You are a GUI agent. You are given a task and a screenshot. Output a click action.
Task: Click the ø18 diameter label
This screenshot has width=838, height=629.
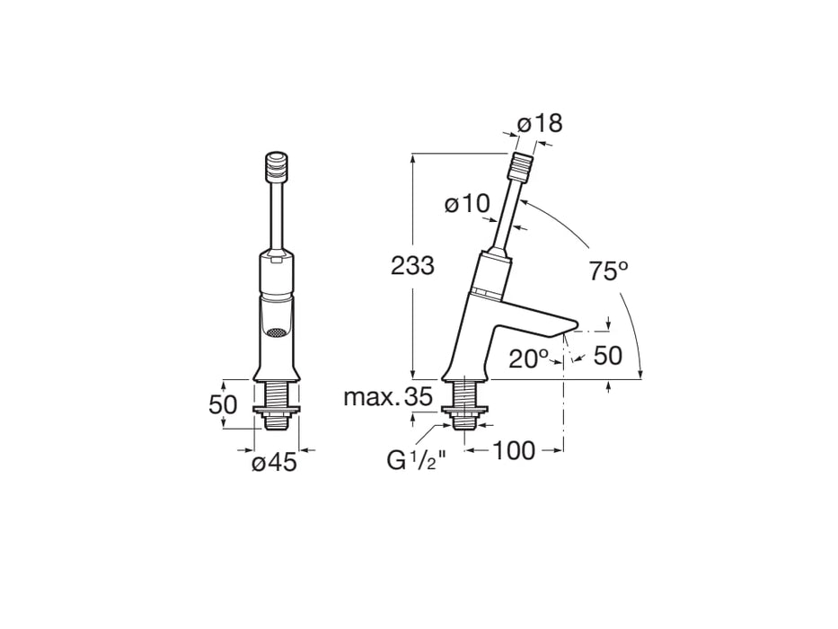(541, 123)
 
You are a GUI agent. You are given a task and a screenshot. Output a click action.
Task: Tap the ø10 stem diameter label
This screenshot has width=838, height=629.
(465, 205)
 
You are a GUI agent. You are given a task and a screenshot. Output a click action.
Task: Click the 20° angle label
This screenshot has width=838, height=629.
(530, 359)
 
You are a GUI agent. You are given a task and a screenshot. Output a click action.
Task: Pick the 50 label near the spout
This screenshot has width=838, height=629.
(608, 356)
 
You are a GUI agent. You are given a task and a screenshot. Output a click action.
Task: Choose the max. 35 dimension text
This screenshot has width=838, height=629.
(387, 396)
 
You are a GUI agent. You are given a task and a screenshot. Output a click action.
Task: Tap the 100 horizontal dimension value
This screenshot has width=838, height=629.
(513, 450)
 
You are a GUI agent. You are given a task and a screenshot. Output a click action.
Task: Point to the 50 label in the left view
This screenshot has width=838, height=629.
(223, 404)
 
